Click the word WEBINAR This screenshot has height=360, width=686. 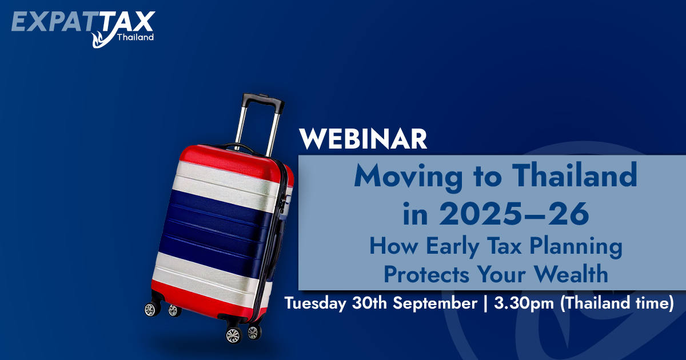[x=363, y=139]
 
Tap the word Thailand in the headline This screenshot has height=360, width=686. [x=575, y=175]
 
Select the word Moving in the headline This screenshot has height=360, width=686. [x=408, y=178]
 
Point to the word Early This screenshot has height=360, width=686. [x=452, y=247]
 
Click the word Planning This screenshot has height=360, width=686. [x=576, y=247]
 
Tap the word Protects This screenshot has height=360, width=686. [x=426, y=274]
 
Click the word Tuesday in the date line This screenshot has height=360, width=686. [x=316, y=303]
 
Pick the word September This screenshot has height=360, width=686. [x=435, y=303]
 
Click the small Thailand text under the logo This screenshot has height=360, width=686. [x=135, y=37]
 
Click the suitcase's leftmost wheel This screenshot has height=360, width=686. [x=152, y=309]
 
